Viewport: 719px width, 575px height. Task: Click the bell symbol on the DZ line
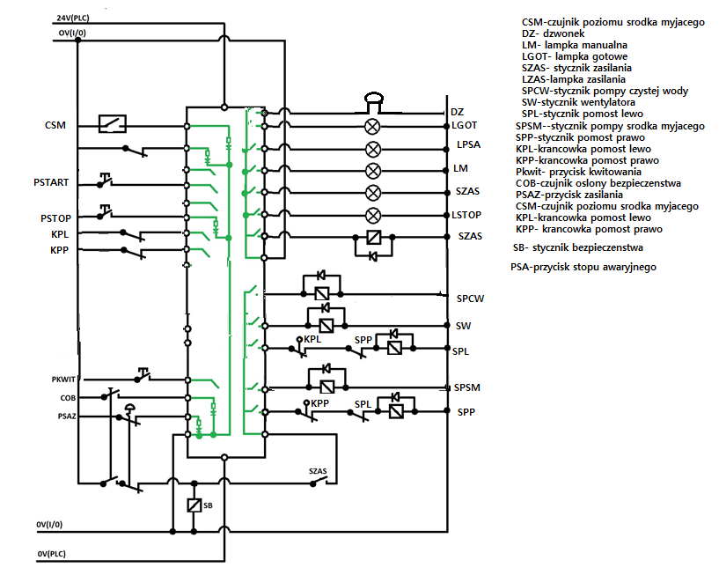[x=374, y=102]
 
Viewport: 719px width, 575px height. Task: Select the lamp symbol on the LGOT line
[x=372, y=126]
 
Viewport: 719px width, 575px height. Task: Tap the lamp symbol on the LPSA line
[x=373, y=149]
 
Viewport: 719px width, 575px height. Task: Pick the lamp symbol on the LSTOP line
[x=373, y=215]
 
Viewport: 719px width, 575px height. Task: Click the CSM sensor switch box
[x=113, y=123]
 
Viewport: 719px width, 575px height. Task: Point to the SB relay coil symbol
[x=194, y=505]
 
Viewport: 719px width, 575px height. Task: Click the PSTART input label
[x=51, y=182]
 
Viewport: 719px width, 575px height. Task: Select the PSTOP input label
[x=56, y=218]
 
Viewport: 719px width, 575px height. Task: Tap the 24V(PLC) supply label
[x=73, y=18]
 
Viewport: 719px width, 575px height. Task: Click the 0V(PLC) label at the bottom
[x=51, y=554]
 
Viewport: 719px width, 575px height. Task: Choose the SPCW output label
[x=470, y=299]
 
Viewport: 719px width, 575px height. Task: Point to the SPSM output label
[x=466, y=387]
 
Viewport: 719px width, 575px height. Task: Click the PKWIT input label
[x=63, y=380]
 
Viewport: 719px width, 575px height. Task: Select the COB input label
[x=68, y=398]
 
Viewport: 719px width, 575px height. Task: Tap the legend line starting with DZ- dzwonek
[x=553, y=33]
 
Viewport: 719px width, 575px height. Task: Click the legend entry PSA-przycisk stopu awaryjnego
[x=583, y=267]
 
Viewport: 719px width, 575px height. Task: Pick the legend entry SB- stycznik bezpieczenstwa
[x=578, y=247]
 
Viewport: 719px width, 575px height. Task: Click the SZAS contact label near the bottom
[x=318, y=471]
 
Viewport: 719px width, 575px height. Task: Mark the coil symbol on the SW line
[x=326, y=325]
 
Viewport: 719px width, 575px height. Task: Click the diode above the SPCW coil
[x=321, y=276]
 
